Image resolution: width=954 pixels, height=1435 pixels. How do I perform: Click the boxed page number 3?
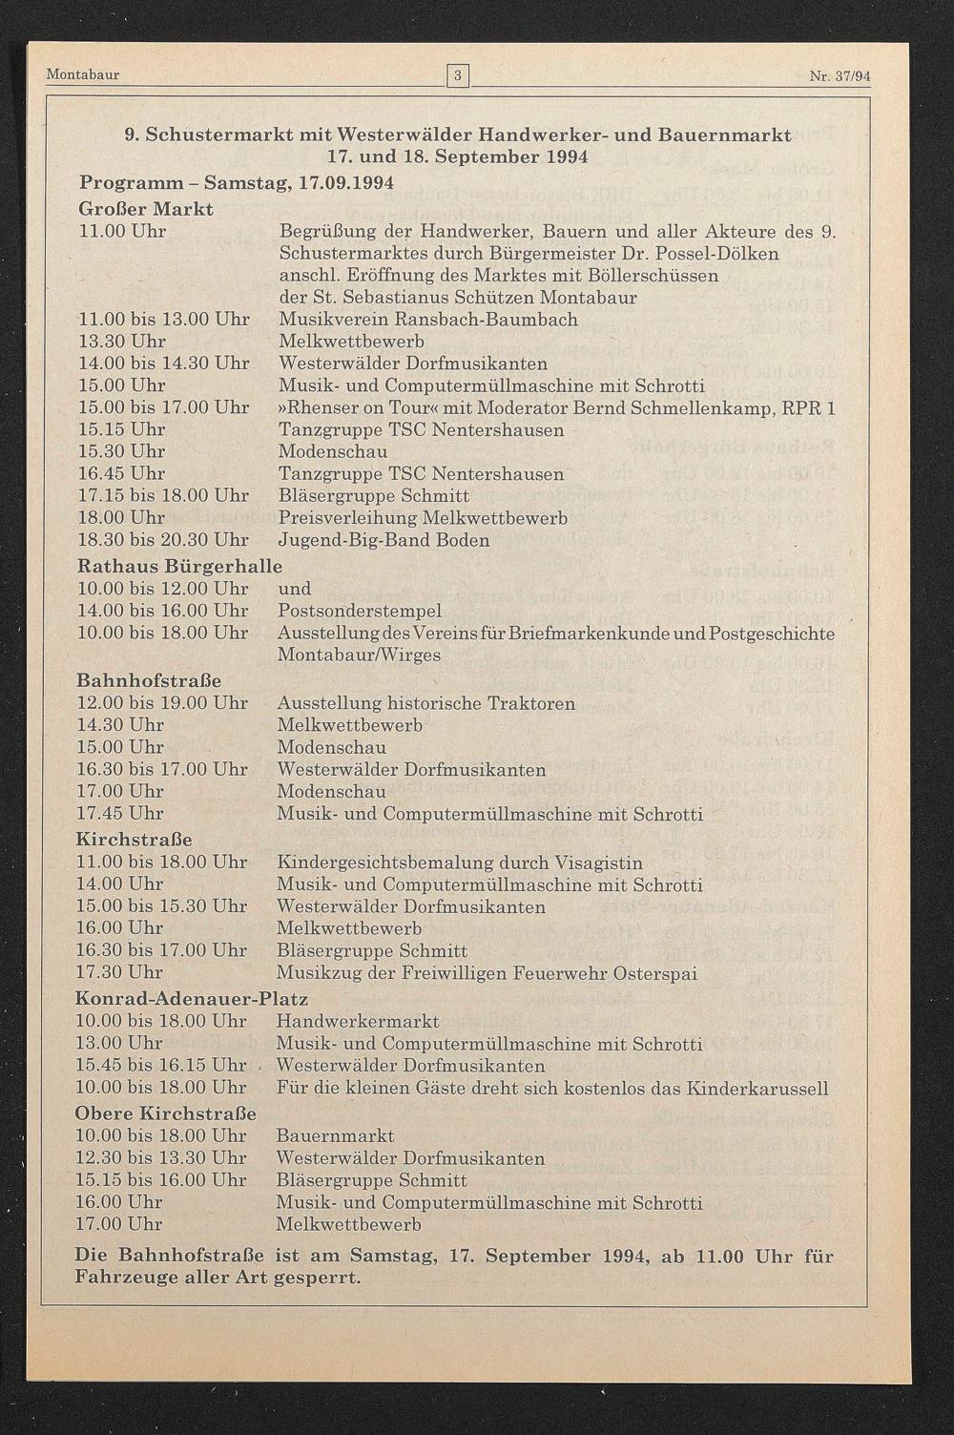(x=458, y=74)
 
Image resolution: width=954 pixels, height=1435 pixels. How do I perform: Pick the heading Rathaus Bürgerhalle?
(x=180, y=565)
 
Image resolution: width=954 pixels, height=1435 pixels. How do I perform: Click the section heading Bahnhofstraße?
(x=149, y=680)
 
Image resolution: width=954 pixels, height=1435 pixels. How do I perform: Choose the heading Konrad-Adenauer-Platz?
(x=192, y=999)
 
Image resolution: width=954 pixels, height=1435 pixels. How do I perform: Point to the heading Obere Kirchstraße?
(x=166, y=1113)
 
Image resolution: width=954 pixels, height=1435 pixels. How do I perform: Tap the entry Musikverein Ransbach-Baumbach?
(x=427, y=320)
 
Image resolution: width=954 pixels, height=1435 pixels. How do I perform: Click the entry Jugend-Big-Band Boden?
(x=384, y=540)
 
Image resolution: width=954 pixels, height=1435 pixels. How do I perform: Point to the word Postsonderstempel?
(x=360, y=611)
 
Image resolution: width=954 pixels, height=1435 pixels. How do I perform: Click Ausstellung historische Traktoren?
(x=425, y=703)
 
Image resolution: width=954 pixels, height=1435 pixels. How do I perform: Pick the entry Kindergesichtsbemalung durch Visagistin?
(x=459, y=863)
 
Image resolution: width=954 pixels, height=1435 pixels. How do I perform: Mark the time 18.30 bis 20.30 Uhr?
(x=162, y=540)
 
